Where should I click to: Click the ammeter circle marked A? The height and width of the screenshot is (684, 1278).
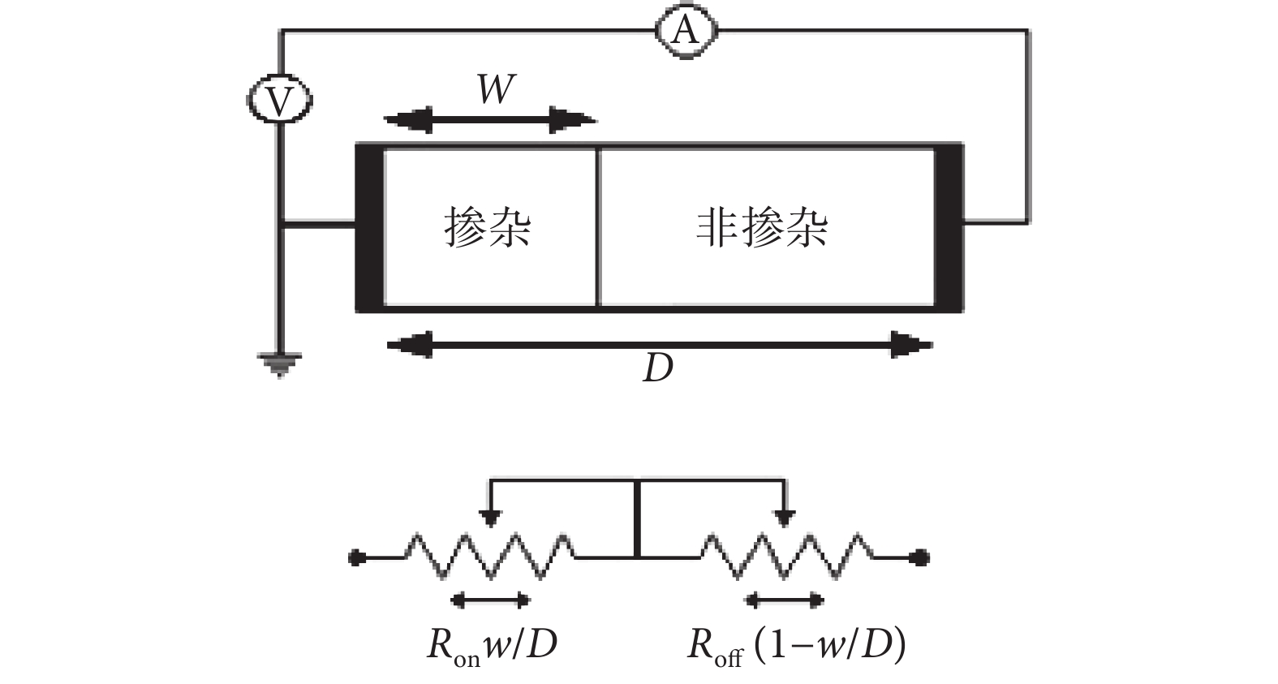[x=686, y=31]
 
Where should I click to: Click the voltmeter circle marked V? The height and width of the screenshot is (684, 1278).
[x=279, y=101]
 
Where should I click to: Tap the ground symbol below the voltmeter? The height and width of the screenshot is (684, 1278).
[x=279, y=363]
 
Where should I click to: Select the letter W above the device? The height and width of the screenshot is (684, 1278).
[x=496, y=89]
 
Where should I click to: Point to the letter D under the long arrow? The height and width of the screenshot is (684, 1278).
[x=657, y=368]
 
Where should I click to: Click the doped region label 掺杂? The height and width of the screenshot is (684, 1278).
[x=488, y=226]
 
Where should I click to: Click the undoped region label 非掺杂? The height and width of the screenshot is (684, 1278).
[x=762, y=226]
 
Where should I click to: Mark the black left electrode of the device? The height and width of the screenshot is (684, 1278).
[x=369, y=227]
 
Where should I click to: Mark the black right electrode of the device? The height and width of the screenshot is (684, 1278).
[x=949, y=227]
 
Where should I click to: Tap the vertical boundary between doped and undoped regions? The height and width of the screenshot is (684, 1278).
[x=598, y=227]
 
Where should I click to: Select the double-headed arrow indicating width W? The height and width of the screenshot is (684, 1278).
[x=490, y=121]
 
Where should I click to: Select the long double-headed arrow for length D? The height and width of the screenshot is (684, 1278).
[x=659, y=345]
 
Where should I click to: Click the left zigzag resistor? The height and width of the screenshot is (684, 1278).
[x=491, y=556]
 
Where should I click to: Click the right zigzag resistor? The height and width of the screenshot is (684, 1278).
[x=786, y=556]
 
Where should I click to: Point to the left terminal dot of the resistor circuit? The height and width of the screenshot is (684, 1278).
[x=355, y=557]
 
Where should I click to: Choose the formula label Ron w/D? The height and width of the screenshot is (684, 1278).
[x=492, y=646]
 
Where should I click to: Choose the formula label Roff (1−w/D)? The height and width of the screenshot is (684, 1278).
[x=796, y=646]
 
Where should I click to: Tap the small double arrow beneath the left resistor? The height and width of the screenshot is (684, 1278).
[x=490, y=600]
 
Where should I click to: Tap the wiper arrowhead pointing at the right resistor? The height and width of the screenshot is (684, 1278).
[x=784, y=518]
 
